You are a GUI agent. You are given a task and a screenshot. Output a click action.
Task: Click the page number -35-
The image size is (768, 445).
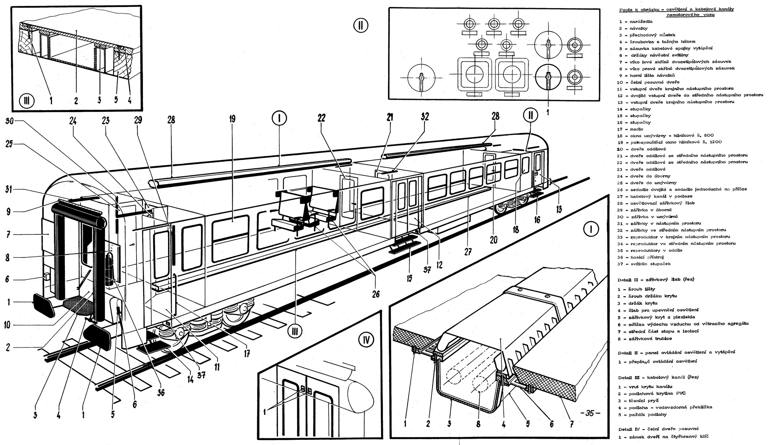click(590, 413)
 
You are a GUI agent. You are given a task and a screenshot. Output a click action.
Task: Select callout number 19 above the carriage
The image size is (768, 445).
click(233, 119)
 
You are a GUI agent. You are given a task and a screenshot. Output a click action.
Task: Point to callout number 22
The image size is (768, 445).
click(322, 118)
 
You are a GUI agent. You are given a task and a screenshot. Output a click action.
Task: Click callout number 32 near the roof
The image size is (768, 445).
click(425, 116)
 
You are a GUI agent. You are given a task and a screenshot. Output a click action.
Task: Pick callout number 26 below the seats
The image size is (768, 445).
click(375, 294)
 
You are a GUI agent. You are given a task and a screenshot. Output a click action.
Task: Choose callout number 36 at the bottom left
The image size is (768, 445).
click(161, 392)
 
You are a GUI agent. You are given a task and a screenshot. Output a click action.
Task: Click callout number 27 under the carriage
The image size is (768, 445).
click(467, 251)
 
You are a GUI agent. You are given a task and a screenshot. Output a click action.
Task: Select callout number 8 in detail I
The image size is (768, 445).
click(479, 424)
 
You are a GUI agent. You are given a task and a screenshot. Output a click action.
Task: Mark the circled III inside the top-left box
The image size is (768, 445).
click(27, 100)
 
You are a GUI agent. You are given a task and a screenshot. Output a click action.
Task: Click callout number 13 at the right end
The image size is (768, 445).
click(559, 210)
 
